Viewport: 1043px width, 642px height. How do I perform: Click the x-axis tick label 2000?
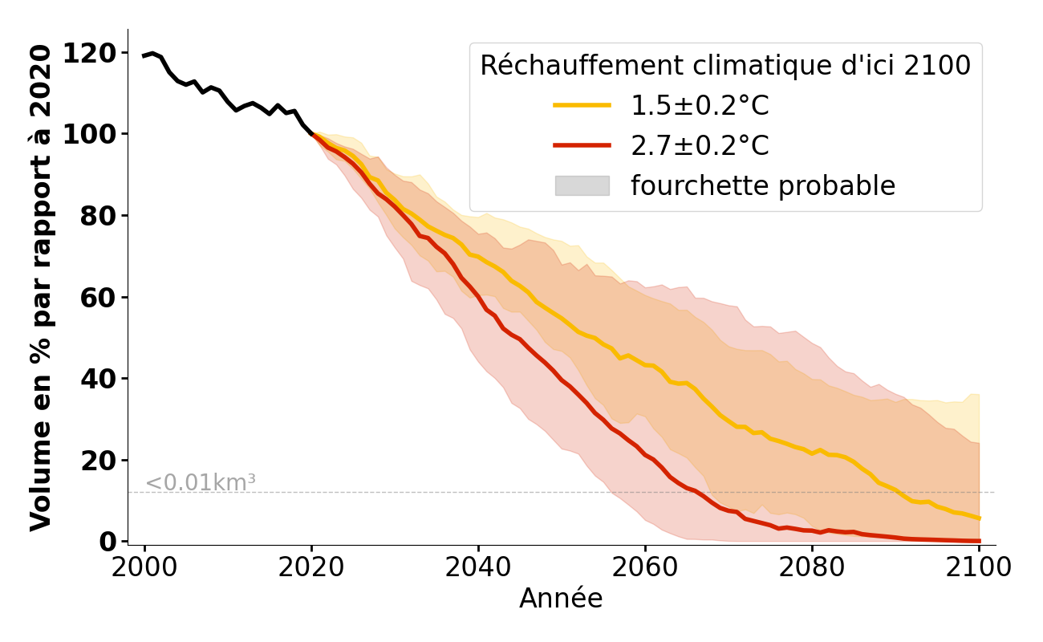[144, 567]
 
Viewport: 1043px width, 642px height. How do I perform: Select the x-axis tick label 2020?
[311, 567]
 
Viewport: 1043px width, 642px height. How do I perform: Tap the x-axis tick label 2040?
[478, 567]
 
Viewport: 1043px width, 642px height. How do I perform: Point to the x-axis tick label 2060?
[645, 567]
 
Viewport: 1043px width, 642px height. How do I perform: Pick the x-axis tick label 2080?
[812, 567]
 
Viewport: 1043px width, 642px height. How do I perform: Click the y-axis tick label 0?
[108, 542]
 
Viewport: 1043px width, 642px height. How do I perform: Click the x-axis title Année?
[561, 599]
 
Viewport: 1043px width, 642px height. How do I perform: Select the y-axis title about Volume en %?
[42, 287]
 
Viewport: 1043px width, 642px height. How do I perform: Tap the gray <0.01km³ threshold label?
[201, 483]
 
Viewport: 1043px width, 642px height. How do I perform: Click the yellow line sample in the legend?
[582, 106]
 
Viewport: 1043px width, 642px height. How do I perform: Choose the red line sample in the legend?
[582, 145]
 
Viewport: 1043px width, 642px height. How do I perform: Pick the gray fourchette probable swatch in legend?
[582, 185]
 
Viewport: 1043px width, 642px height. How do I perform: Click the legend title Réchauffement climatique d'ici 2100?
[725, 66]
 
